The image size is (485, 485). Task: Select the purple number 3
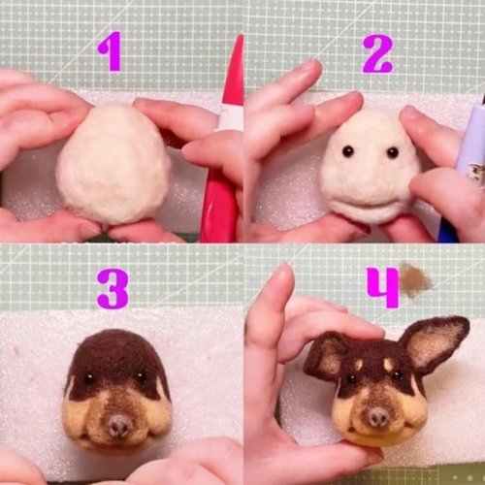coord(112,288)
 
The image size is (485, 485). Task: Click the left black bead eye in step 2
coord(346,152)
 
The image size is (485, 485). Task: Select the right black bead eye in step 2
coord(392,152)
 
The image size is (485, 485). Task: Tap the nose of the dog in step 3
coord(118,424)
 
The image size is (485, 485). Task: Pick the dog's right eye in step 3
coord(143,378)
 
